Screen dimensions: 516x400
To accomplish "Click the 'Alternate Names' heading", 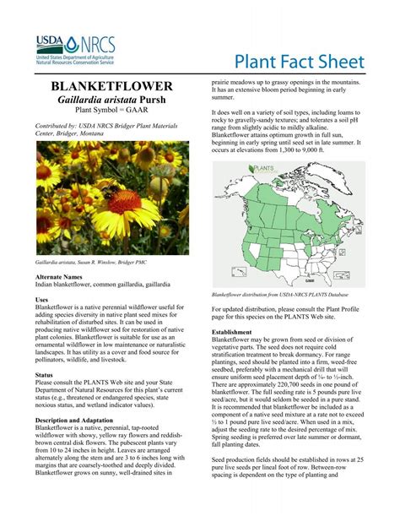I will [58, 276].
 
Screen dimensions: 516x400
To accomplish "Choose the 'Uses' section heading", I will [41, 300].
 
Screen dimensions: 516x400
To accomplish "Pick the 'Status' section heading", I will [44, 374].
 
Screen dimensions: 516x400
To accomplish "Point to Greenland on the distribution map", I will [333, 173].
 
